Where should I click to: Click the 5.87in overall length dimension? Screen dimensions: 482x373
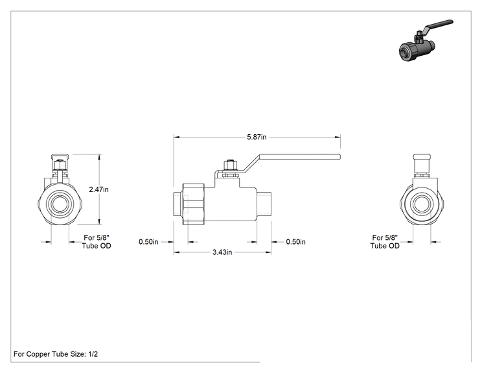[257, 137]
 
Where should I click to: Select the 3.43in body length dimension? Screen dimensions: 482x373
[222, 252]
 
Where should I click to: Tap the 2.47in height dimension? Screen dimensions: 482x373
[98, 189]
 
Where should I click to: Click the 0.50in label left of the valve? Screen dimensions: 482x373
[148, 242]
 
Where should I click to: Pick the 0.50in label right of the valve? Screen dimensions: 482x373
[295, 242]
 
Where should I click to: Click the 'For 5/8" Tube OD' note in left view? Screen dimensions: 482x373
[97, 242]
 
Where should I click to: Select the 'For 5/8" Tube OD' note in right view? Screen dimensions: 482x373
[385, 242]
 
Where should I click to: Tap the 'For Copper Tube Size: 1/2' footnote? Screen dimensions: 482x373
[56, 354]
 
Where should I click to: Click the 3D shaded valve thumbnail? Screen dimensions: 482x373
[426, 41]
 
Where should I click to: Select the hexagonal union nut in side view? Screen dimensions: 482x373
[193, 204]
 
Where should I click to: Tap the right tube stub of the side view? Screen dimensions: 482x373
[264, 204]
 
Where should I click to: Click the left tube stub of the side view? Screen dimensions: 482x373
[178, 204]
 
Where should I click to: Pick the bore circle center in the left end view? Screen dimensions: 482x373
[60, 204]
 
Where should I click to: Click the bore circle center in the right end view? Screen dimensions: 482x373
[422, 204]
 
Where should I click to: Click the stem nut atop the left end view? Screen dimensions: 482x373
[60, 165]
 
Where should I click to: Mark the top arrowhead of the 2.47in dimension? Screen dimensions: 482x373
[99, 157]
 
